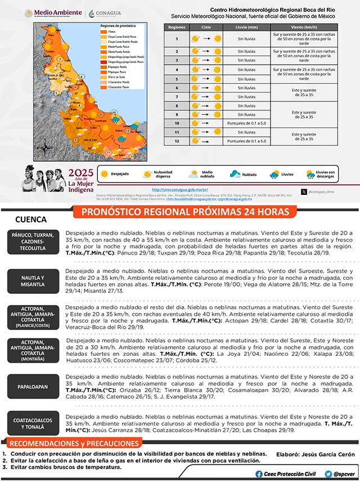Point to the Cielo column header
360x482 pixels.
pos(206,26)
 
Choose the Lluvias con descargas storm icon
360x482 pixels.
pos(308,175)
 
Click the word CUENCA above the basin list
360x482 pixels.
pos(30,219)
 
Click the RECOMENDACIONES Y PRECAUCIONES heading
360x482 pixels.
pos(74,443)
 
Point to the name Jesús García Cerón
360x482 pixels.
pos(328,454)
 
